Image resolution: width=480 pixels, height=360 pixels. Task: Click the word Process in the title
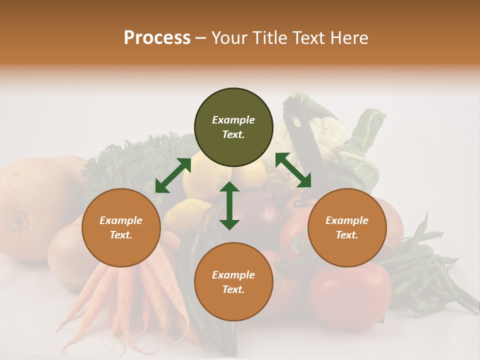[157, 38]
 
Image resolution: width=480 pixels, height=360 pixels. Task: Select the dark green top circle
[233, 127]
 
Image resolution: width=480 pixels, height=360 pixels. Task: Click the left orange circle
[121, 227]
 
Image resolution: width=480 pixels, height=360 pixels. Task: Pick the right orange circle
[347, 227]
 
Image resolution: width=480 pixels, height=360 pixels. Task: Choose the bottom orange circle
[233, 282]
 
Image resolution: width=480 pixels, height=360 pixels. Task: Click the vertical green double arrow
[229, 205]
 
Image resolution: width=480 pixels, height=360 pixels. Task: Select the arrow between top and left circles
[173, 175]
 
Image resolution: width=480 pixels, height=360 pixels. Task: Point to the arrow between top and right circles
[293, 170]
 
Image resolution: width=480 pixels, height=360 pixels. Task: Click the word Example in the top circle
[233, 120]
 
